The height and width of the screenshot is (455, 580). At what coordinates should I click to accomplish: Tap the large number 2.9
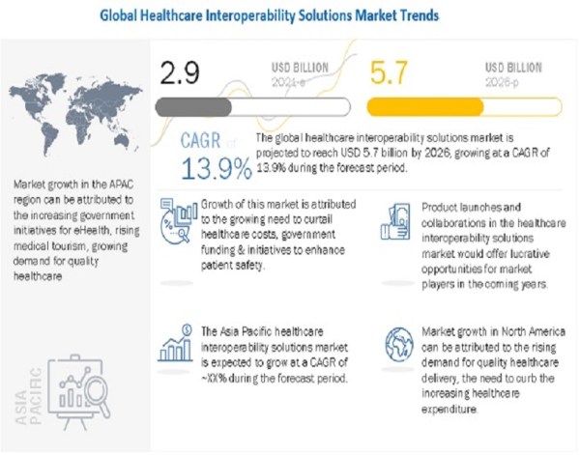185,71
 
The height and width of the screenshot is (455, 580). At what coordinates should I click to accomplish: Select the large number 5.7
396,71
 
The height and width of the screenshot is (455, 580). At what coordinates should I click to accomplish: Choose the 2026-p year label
504,83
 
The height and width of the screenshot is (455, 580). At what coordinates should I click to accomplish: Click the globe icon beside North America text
398,344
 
